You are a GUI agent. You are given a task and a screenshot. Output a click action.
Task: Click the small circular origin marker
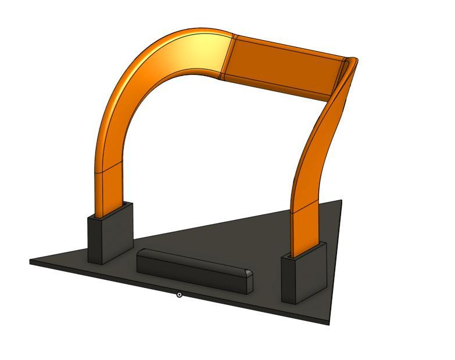tap(180, 295)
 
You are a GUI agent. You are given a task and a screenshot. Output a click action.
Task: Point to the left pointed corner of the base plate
tap(31, 261)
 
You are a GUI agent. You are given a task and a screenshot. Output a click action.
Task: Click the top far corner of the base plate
tap(341, 201)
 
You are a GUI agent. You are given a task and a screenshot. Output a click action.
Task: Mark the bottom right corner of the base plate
tap(329, 323)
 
